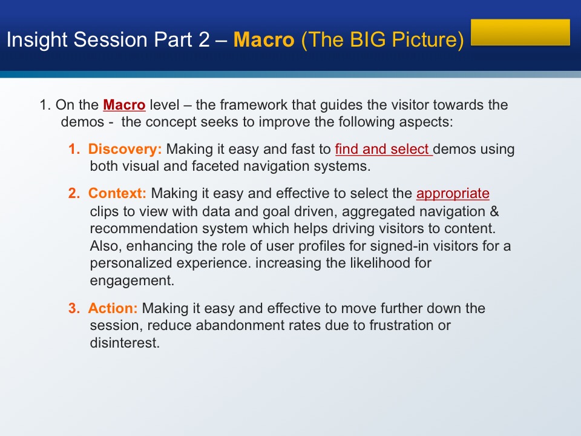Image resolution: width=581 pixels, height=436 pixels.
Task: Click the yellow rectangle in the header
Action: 520,32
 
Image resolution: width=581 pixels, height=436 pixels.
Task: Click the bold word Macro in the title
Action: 264,40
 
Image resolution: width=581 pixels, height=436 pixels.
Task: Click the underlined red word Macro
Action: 124,105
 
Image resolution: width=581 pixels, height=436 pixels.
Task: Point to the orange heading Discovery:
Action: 125,149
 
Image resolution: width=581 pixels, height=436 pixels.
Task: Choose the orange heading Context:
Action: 117,193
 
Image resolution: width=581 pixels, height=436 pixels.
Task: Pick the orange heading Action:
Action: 113,308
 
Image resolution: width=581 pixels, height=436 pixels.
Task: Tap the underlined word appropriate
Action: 453,194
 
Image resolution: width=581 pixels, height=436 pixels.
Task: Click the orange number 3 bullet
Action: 74,308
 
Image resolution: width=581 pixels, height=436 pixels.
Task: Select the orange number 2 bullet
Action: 74,193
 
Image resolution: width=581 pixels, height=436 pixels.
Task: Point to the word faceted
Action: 214,166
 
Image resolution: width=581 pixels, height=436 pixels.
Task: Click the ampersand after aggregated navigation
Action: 494,211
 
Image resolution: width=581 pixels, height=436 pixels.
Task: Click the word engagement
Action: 132,280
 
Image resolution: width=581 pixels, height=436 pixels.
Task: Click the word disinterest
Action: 125,343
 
